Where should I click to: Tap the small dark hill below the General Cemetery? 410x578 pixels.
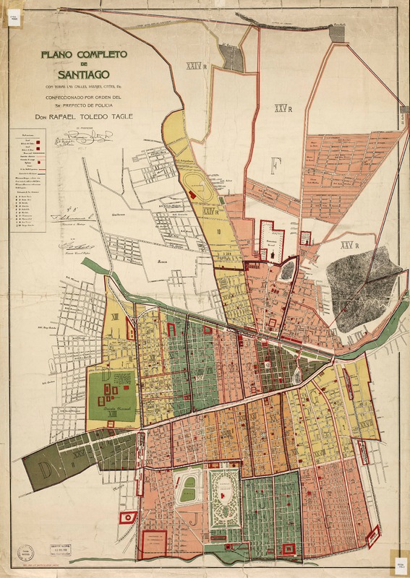(288, 270)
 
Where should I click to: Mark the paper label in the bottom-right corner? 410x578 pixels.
(400, 565)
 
